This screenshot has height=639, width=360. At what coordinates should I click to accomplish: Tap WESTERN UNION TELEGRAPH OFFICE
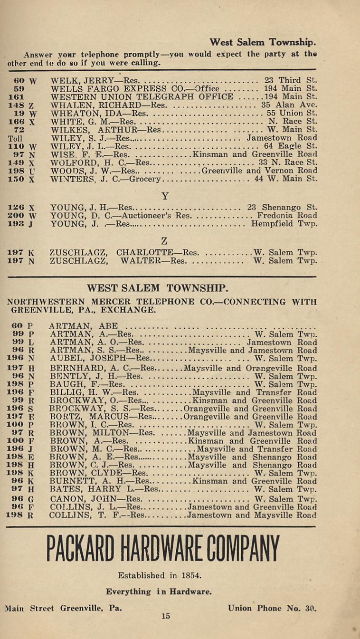tap(142, 96)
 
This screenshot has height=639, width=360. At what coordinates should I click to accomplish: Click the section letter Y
tap(165, 196)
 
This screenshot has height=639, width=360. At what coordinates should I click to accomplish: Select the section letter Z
tap(164, 241)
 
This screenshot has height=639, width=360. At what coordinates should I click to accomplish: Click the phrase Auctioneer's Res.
tap(152, 215)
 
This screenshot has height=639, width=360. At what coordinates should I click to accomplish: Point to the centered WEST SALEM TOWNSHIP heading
tap(158, 288)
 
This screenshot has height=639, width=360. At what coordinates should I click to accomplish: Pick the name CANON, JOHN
tap(82, 499)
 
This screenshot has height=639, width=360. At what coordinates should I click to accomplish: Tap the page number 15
tap(165, 616)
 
